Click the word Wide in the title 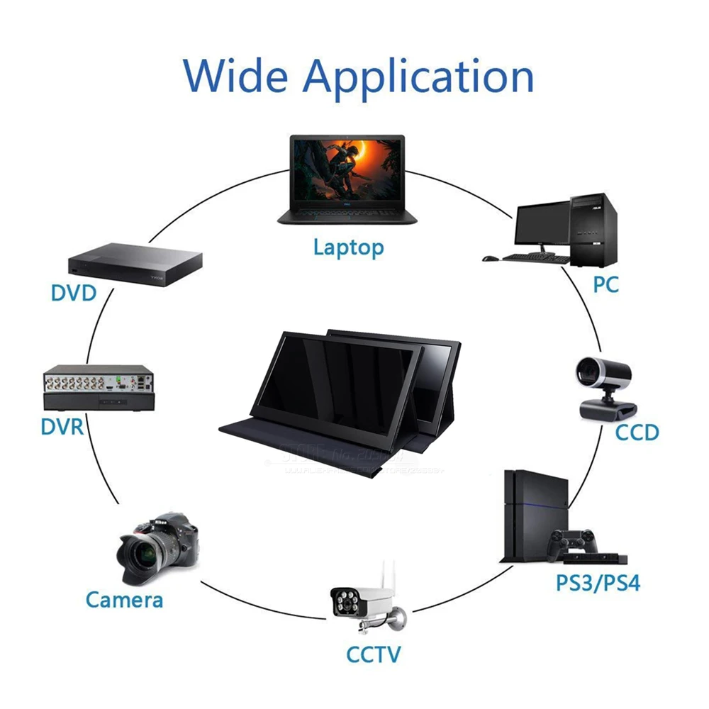pos(237,74)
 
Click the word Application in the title pos(418,77)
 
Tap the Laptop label pos(348,247)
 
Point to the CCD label pos(637,432)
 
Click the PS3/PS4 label pos(598,584)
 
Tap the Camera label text pos(125,600)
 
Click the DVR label pos(62,426)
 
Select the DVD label pos(73,292)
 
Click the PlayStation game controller pos(571,542)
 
